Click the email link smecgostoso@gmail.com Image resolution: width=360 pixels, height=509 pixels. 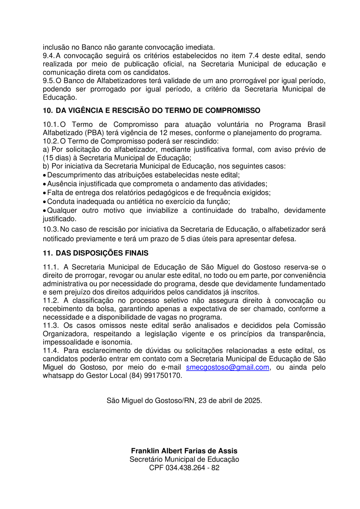coord(228,367)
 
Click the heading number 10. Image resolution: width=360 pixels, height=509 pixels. coord(47,110)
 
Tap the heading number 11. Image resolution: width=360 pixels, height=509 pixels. coord(47,253)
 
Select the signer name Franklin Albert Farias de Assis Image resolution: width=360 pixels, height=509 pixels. coord(184,451)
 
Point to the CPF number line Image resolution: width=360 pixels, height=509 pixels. coord(184,468)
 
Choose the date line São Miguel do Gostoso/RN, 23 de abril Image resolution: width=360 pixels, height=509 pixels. coord(184,400)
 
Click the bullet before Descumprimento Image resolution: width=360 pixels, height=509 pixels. coord(44,176)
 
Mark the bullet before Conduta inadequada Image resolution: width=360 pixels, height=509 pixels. coord(44,202)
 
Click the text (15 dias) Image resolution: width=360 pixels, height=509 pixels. coord(56,158)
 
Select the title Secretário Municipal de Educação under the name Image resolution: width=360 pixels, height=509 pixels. coord(184,459)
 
